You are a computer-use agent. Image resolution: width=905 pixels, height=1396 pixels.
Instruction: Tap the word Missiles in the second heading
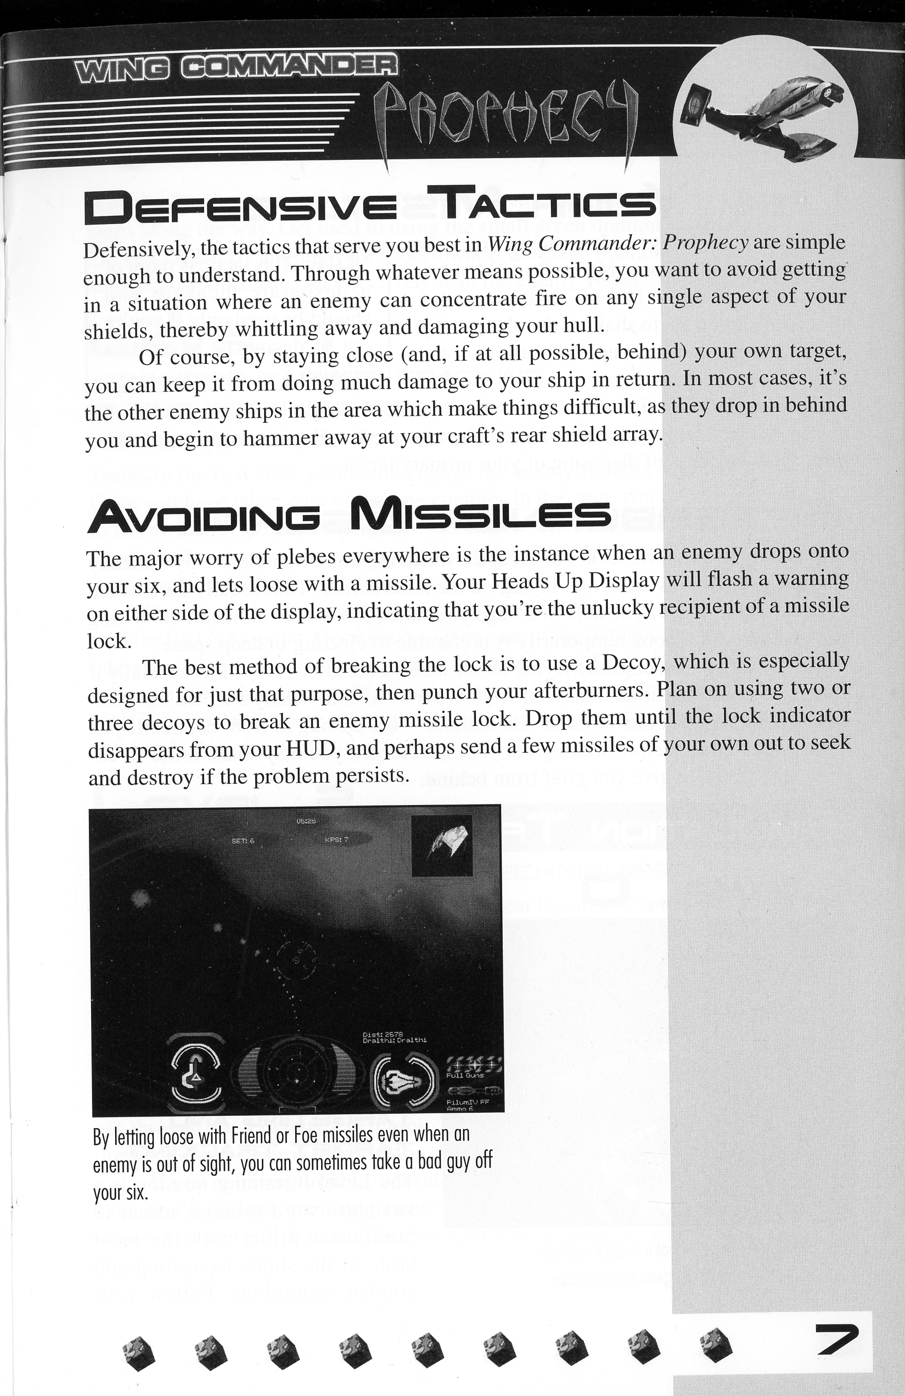coord(480,515)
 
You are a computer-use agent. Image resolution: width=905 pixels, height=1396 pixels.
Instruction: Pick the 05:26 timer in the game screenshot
coord(306,821)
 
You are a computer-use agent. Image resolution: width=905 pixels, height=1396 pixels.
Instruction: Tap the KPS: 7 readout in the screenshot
coord(336,839)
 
